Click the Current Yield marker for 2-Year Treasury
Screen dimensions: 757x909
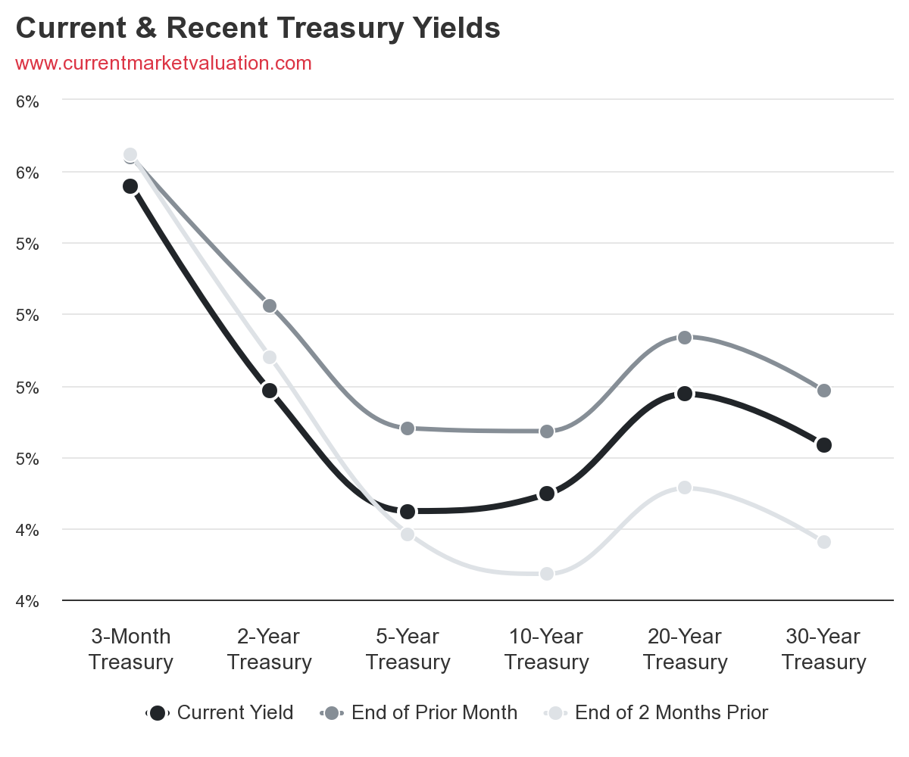269,391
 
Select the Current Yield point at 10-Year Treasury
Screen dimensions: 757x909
547,494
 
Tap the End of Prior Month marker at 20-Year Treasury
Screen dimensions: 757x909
685,337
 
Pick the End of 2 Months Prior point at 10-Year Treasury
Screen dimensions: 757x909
547,574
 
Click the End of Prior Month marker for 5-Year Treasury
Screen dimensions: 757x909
408,428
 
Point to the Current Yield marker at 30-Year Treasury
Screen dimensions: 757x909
824,445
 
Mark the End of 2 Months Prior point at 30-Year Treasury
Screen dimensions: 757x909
824,542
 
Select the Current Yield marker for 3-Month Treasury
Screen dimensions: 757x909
130,186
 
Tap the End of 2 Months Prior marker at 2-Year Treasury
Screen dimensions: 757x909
269,357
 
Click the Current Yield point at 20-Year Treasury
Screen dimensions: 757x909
685,394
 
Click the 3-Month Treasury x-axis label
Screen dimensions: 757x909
130,650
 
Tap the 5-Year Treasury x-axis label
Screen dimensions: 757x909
408,650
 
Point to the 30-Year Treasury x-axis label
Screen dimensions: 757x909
824,650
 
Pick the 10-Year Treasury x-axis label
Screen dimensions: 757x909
547,650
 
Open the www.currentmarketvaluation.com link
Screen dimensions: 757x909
164,64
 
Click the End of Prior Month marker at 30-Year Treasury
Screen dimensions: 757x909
824,391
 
